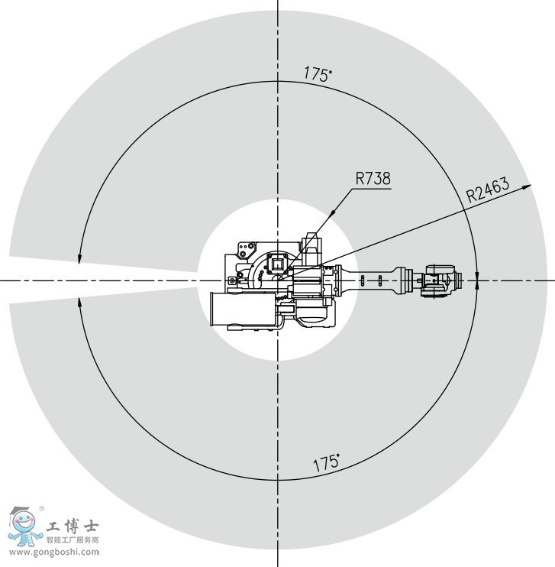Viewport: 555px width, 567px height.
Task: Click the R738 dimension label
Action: [373, 179]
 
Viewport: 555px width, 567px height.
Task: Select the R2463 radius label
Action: [488, 189]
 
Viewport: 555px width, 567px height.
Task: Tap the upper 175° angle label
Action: [318, 74]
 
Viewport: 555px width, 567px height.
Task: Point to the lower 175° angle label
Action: [326, 463]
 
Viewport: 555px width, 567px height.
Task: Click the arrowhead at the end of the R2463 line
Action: [527, 186]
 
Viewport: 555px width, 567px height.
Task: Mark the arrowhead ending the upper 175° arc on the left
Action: [79, 259]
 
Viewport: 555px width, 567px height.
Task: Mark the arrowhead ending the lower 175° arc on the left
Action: [79, 303]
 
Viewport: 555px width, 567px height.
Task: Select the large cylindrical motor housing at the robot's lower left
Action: [244, 309]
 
